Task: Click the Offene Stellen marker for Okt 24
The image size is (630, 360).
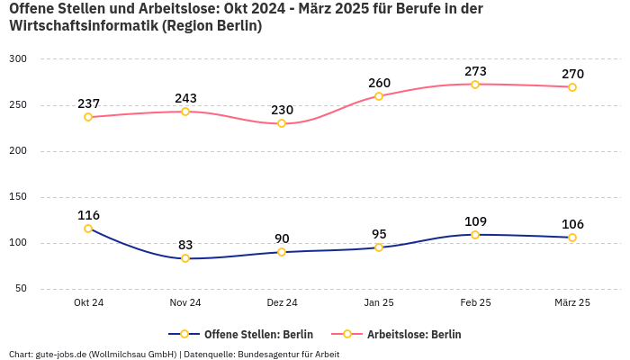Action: pyautogui.click(x=88, y=229)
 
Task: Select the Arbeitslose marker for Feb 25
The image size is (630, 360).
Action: pyautogui.click(x=475, y=85)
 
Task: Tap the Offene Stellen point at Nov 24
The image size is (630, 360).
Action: pyautogui.click(x=185, y=258)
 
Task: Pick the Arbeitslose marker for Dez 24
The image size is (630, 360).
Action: pyautogui.click(x=282, y=123)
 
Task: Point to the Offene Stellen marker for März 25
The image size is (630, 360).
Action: pyautogui.click(x=572, y=238)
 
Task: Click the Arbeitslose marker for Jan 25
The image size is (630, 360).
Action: pyautogui.click(x=379, y=96)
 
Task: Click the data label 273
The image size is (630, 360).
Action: pyautogui.click(x=475, y=71)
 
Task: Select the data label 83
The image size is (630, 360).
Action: pyautogui.click(x=185, y=245)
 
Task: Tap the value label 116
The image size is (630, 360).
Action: pyautogui.click(x=88, y=215)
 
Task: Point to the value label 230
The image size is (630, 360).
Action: pyautogui.click(x=282, y=110)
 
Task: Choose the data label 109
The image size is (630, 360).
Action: pyautogui.click(x=475, y=221)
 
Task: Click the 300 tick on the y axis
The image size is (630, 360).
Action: pyautogui.click(x=19, y=59)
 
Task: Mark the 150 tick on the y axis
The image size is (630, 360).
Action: pyautogui.click(x=19, y=197)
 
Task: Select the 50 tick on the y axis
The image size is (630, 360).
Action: pyautogui.click(x=22, y=289)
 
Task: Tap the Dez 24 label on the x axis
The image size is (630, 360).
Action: pyautogui.click(x=282, y=302)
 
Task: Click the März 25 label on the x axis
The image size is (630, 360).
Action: pyautogui.click(x=572, y=302)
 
